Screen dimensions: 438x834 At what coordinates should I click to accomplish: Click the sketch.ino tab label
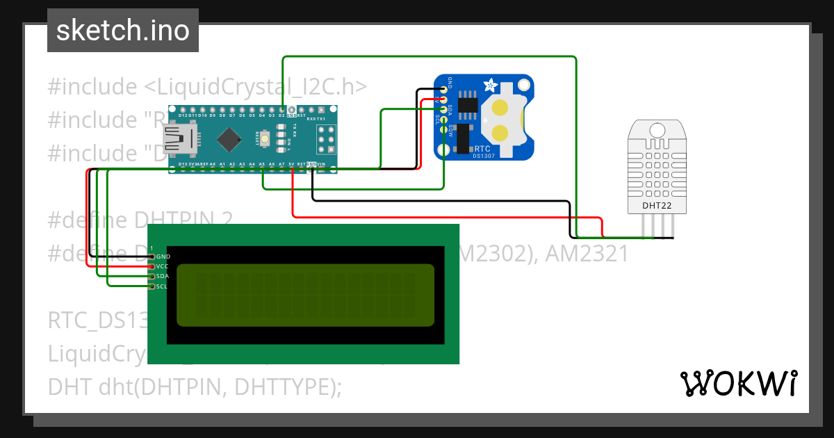(x=122, y=31)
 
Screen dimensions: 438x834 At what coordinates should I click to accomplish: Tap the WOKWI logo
(x=737, y=383)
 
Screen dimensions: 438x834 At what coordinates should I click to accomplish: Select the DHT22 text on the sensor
(x=656, y=205)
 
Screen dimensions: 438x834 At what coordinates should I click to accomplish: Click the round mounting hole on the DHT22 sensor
(x=656, y=130)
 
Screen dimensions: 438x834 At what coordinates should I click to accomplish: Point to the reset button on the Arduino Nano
(x=265, y=139)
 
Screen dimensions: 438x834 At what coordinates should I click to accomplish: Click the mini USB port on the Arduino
(x=177, y=139)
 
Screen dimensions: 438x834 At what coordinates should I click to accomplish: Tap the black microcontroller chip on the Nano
(x=227, y=139)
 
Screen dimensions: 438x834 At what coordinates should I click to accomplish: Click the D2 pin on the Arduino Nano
(x=281, y=110)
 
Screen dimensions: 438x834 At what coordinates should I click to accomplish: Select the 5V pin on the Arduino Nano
(x=291, y=165)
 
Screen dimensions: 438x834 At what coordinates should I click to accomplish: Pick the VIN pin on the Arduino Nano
(x=321, y=165)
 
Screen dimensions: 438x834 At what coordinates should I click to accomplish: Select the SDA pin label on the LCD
(x=163, y=276)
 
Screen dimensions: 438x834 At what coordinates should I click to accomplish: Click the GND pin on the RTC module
(x=443, y=89)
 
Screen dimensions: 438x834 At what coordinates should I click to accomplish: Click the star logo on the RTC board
(x=490, y=87)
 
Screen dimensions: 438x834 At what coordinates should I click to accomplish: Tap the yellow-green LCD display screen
(x=306, y=295)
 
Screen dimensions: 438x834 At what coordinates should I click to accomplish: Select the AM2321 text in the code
(x=587, y=254)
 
